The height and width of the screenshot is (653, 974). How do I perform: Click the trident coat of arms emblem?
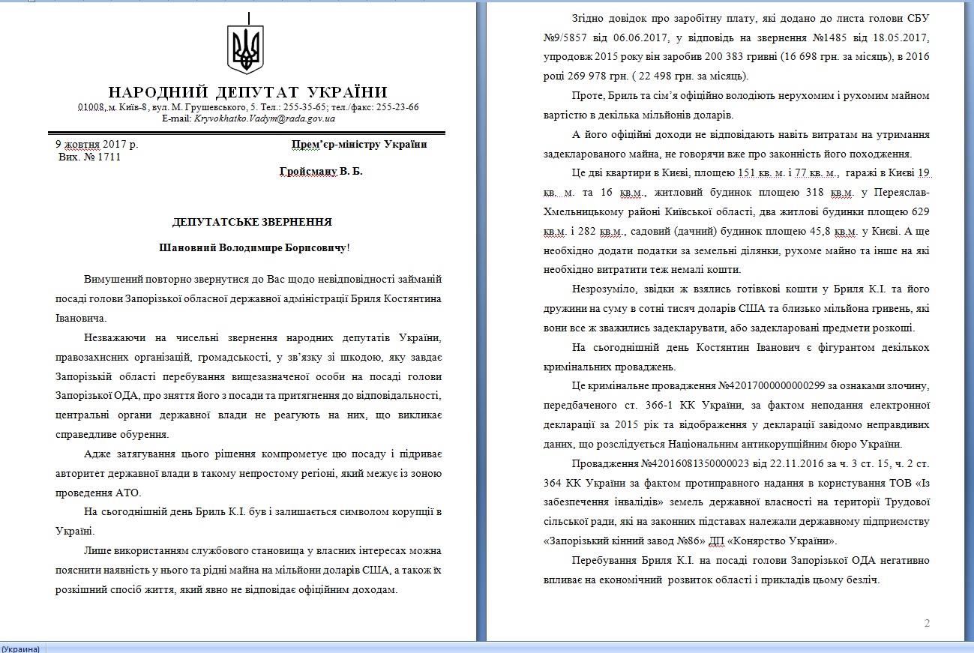point(245,49)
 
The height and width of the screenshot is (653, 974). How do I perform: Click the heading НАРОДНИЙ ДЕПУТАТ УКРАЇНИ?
point(248,92)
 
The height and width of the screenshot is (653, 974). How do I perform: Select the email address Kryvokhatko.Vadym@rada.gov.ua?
point(265,118)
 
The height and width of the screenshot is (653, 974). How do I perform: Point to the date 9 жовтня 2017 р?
point(97,145)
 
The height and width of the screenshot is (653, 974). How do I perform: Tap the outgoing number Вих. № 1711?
point(89,157)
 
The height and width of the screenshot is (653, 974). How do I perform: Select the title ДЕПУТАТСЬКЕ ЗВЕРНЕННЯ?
point(252,222)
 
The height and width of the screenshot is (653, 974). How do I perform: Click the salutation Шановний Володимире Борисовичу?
point(254,247)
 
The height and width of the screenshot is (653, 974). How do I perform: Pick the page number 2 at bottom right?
point(928,623)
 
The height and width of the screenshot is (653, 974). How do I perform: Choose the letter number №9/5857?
point(569,37)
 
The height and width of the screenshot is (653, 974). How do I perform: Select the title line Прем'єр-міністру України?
point(359,144)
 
